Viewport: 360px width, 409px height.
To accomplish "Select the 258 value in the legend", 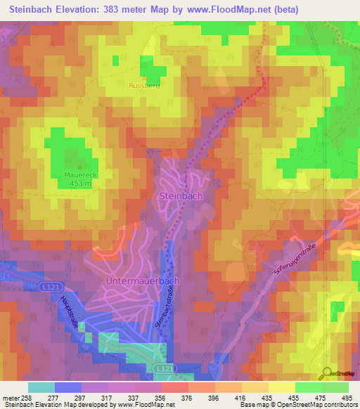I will [x=27, y=398].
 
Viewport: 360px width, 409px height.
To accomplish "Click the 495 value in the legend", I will [x=348, y=398].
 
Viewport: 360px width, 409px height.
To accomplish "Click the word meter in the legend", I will [x=10, y=398].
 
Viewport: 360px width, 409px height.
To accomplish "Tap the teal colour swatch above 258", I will [x=41, y=387].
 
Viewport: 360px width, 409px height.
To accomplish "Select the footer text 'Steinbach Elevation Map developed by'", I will [x=59, y=405].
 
